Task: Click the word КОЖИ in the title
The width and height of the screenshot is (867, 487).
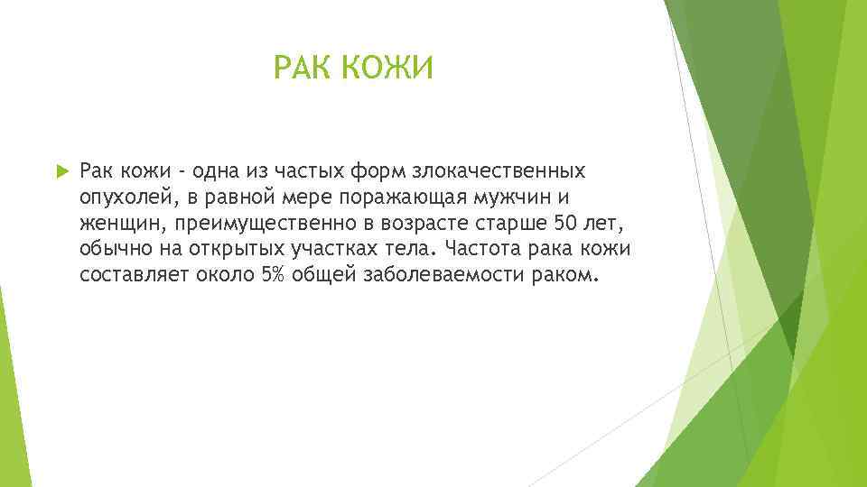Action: click(389, 68)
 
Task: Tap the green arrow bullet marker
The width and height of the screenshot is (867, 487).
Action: click(61, 171)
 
